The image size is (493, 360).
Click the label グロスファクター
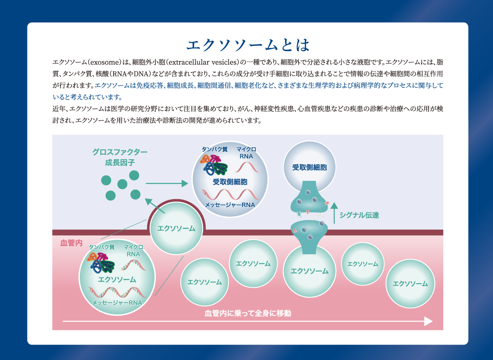[x=120, y=152]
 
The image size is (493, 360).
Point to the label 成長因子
[x=120, y=162]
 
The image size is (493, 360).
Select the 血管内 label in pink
[x=71, y=243]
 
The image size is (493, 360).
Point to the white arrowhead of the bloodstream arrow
[x=428, y=321]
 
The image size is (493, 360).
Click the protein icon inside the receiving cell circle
[x=214, y=165]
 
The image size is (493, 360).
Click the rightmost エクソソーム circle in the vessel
[x=410, y=284]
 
